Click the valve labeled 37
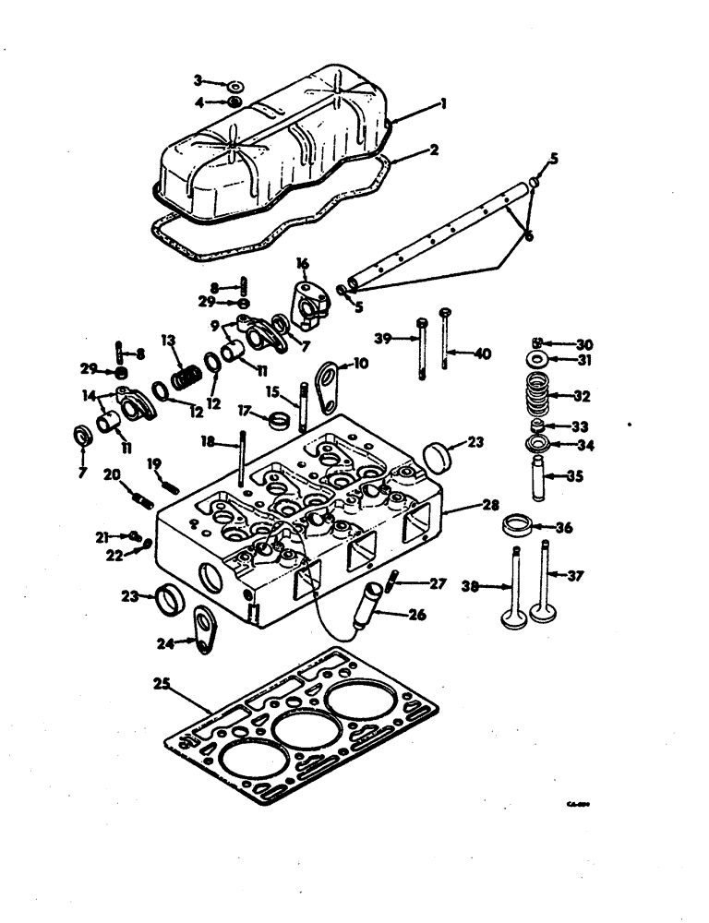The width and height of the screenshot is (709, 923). click(546, 591)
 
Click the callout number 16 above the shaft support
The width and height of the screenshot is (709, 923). click(301, 265)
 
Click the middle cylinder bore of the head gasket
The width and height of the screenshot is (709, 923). click(306, 735)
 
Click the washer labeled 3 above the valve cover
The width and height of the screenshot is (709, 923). click(234, 85)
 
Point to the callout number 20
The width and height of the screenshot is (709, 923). click(111, 474)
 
